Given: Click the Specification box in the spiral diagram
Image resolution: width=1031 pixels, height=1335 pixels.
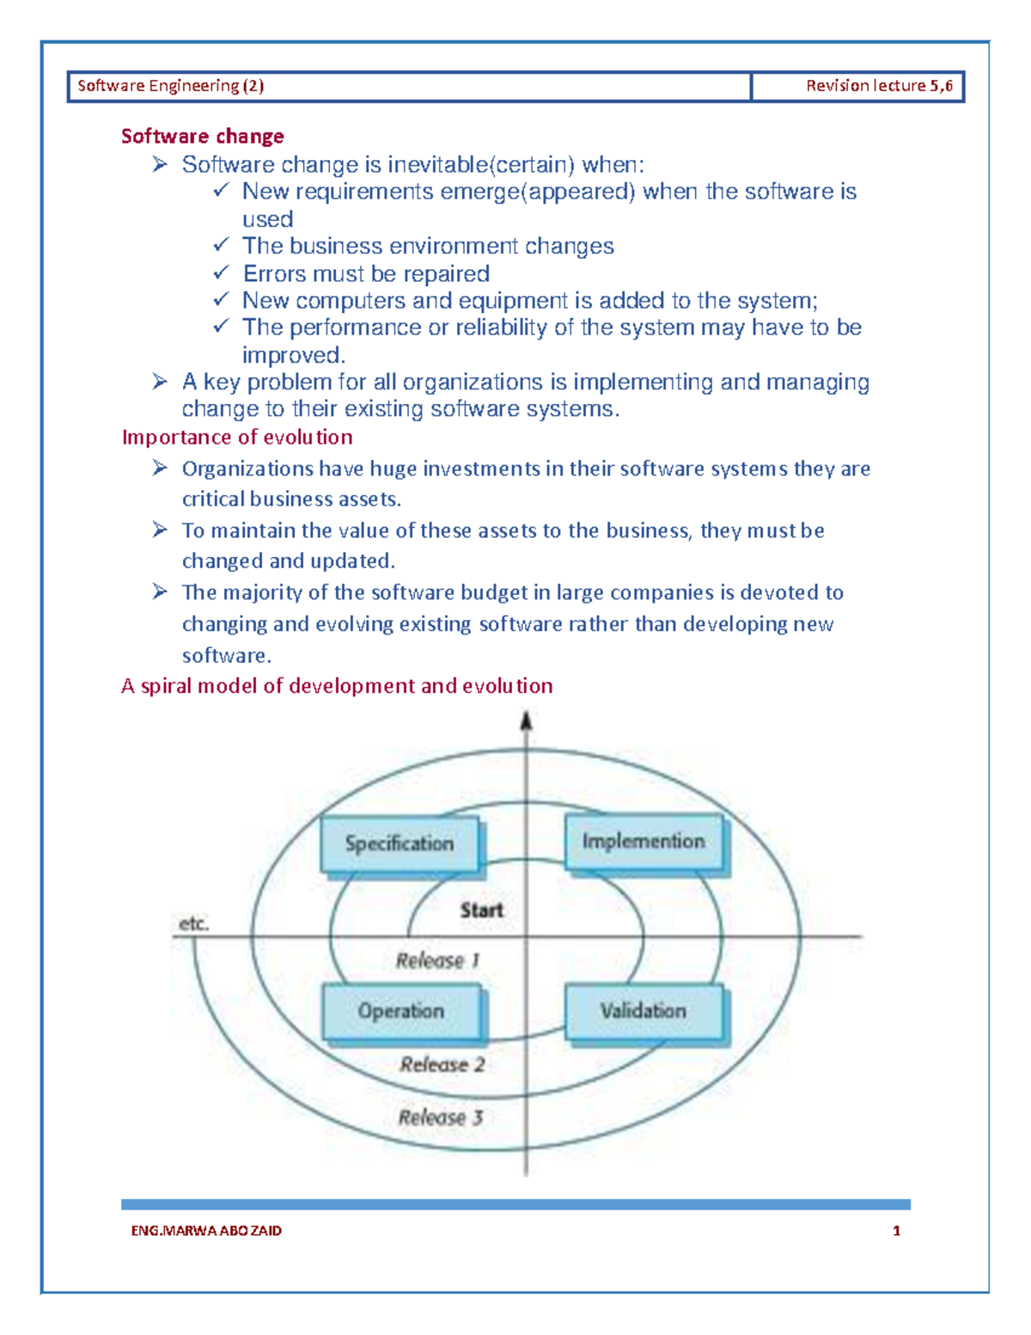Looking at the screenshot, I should click(400, 844).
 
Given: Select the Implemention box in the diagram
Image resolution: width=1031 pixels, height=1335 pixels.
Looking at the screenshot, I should click(643, 842).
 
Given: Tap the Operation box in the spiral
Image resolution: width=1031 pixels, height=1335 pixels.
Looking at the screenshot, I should click(400, 1011).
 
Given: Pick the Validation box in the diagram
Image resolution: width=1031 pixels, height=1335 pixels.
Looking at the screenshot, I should click(643, 1011).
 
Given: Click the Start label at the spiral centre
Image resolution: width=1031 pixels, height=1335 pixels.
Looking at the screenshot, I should click(481, 910).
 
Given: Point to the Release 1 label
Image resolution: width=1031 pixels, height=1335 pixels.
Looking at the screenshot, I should click(437, 960).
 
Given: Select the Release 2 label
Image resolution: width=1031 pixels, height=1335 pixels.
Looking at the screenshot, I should click(442, 1064).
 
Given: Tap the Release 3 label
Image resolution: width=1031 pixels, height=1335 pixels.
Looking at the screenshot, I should click(441, 1118).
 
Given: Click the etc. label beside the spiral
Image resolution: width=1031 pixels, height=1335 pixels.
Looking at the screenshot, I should click(193, 924).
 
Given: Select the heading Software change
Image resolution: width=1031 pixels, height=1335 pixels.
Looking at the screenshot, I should click(203, 136).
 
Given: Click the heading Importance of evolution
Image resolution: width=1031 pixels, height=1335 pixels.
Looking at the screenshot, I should click(237, 437).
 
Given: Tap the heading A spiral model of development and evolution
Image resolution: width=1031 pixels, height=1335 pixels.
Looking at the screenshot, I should click(337, 685).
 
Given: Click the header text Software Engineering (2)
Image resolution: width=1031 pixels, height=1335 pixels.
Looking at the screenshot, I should click(171, 86).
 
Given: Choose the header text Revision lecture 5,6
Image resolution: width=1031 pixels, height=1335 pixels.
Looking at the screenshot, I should click(879, 86).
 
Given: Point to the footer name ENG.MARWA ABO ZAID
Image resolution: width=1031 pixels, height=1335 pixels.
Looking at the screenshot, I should click(206, 1230).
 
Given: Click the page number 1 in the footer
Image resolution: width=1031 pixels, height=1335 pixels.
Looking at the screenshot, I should click(896, 1230).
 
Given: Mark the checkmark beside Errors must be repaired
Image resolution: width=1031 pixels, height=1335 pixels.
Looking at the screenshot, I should click(222, 273).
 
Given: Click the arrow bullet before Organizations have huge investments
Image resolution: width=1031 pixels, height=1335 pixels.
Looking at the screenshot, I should click(160, 468).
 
